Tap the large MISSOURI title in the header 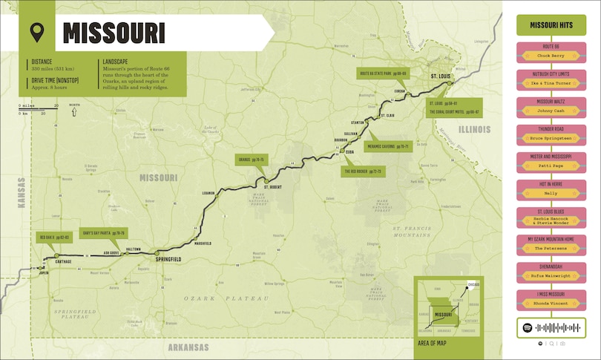click(x=114, y=33)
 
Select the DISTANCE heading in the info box click(x=42, y=62)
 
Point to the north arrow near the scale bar click(x=74, y=111)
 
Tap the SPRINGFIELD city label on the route click(x=168, y=258)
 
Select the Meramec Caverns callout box click(x=390, y=146)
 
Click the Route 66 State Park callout click(x=383, y=73)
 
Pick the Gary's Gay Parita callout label click(x=103, y=233)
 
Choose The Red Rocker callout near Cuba click(x=362, y=171)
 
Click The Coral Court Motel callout click(x=453, y=112)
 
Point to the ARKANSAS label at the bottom click(x=188, y=347)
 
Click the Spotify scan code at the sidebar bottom click(x=551, y=327)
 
